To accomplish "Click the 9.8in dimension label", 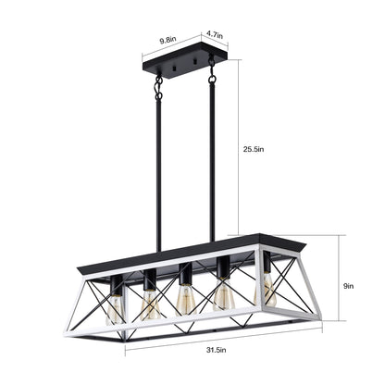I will (168, 40).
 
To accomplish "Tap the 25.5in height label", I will (254, 147).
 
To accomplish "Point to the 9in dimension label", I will (347, 287).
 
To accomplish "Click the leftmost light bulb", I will (114, 308).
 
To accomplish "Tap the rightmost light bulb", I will (269, 292).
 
